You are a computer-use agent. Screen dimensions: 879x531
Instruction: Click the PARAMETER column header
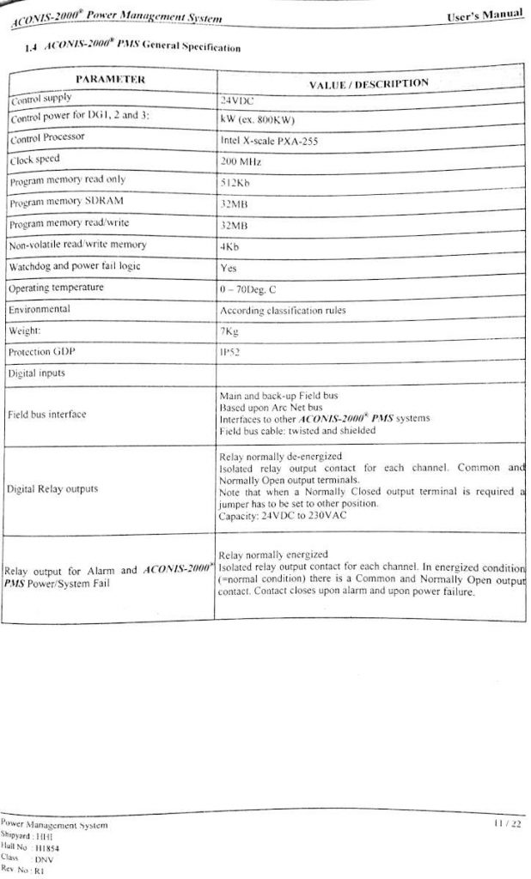coord(110,80)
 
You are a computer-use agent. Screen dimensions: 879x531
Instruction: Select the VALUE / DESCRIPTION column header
coord(368,83)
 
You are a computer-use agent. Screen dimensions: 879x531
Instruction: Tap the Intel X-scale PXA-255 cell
coord(269,141)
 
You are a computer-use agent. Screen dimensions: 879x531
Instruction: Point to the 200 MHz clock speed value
coord(241,161)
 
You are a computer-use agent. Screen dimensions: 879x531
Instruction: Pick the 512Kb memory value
coord(235,183)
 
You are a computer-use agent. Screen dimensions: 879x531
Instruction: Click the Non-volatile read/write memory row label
coord(78,246)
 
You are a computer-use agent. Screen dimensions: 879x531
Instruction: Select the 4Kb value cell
coord(230,246)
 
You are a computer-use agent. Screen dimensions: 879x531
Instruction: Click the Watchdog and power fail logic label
coord(76,266)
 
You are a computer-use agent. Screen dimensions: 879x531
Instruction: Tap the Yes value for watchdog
coord(229,267)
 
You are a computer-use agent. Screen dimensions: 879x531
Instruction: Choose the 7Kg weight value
coord(230,331)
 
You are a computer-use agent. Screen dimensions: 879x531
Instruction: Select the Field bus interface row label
coord(47,415)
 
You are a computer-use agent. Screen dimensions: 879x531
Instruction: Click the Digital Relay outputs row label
coord(52,489)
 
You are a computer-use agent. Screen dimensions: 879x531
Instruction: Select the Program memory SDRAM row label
coord(64,203)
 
